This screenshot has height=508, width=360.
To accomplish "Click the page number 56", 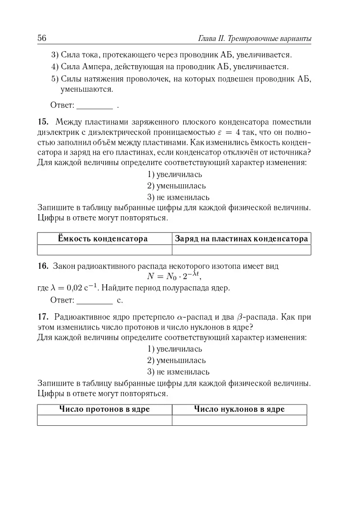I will click(42, 38).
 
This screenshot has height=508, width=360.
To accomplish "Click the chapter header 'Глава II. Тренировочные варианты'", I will click(255, 39).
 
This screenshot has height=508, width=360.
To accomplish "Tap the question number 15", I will click(43, 122).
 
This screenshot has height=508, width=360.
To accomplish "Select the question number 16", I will click(43, 266).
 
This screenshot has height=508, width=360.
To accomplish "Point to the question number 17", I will click(43, 316).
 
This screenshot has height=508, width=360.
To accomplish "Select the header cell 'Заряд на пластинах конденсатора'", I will click(241, 239).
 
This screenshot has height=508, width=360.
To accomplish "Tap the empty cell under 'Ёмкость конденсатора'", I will click(104, 250).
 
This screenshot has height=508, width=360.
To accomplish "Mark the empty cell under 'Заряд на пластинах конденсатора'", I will click(241, 250).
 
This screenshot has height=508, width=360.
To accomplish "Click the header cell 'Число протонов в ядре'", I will click(104, 409).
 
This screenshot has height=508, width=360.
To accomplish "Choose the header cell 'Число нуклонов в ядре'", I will click(239, 409).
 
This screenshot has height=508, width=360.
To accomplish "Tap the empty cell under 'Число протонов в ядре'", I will click(104, 420).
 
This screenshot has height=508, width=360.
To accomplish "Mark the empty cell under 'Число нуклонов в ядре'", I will click(239, 420).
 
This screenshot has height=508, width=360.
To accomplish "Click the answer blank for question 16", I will click(95, 300).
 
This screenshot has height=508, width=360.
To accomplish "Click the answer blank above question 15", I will click(95, 106).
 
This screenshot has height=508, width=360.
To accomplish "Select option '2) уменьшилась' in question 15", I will click(176, 186).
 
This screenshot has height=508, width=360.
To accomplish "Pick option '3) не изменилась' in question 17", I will click(178, 372).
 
